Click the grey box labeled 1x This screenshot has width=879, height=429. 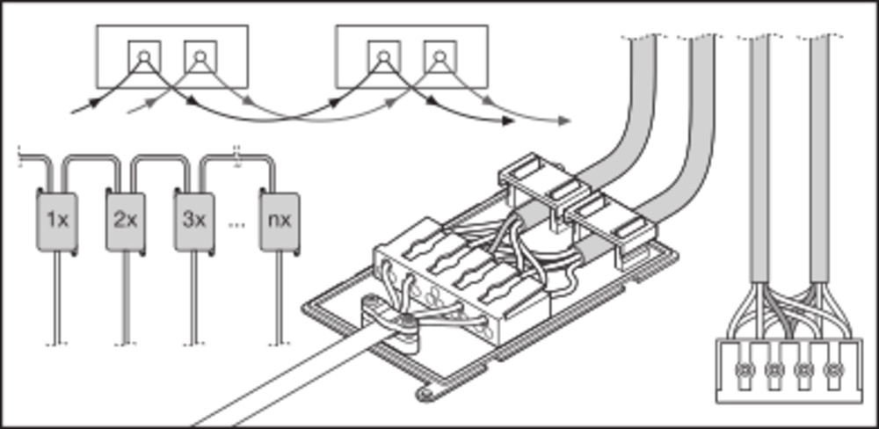(x=57, y=220)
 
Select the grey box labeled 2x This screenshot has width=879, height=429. (x=126, y=220)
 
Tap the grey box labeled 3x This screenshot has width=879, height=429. (x=194, y=220)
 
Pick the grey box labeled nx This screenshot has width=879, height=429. (x=280, y=220)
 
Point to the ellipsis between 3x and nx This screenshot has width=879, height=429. (x=236, y=223)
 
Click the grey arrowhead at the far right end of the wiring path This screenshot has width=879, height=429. (x=563, y=120)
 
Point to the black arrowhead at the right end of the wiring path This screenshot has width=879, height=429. (x=507, y=120)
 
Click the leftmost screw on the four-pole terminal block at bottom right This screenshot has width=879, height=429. (x=745, y=369)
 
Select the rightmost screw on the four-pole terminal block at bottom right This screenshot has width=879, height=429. (x=832, y=369)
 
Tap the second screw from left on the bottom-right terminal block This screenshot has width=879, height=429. (x=774, y=369)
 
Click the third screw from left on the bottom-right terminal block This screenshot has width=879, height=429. (x=803, y=369)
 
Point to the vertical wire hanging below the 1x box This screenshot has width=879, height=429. (x=57, y=299)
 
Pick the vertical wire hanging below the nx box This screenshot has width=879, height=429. (x=280, y=299)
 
